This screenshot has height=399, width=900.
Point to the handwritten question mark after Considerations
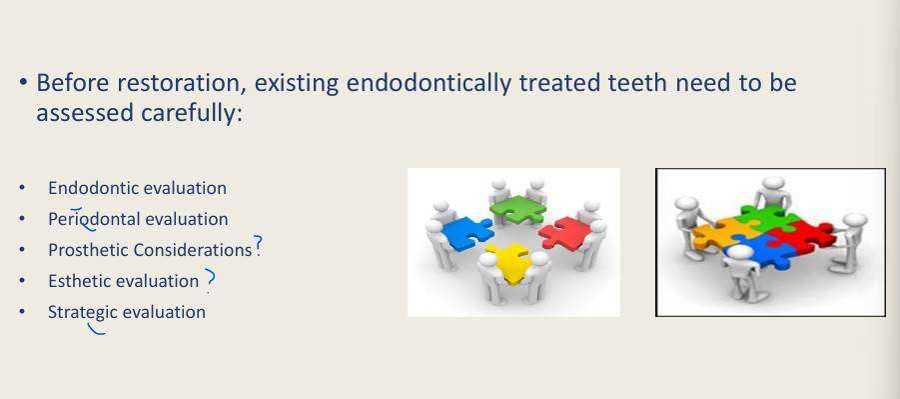[x=258, y=246]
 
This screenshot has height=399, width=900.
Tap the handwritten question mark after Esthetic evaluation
[x=210, y=280]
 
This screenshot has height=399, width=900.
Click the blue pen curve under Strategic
[x=97, y=329]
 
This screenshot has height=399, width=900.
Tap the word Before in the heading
[x=72, y=82]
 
